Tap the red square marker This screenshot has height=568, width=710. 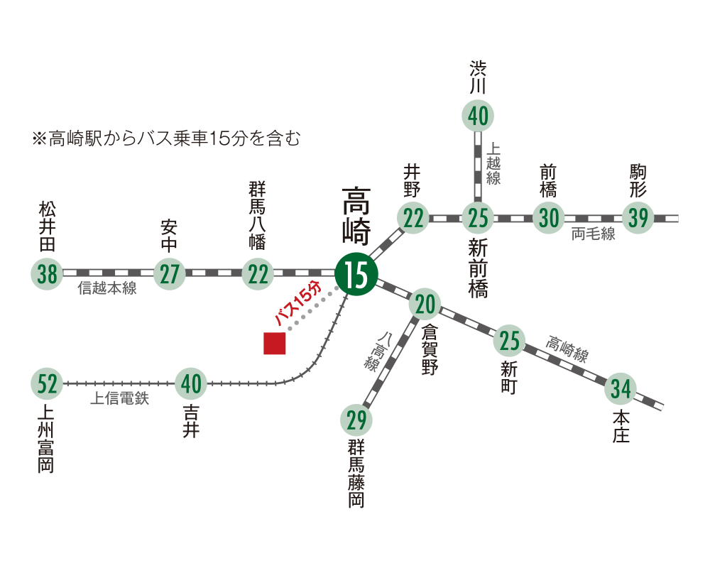(275, 344)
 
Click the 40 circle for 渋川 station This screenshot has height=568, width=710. (479, 116)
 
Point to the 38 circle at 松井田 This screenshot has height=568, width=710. (48, 273)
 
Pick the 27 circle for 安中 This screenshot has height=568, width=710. (170, 273)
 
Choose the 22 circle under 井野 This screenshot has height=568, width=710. (413, 218)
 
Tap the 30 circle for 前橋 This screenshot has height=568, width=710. (549, 218)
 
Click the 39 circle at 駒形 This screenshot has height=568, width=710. (638, 218)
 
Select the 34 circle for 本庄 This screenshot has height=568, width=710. (621, 389)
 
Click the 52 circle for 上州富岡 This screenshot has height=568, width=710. (48, 384)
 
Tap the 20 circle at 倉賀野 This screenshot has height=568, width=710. (425, 305)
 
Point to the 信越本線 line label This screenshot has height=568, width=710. (106, 289)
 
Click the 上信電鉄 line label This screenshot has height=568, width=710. (119, 399)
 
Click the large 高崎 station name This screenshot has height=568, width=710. (353, 214)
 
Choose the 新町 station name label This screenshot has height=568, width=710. (509, 378)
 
